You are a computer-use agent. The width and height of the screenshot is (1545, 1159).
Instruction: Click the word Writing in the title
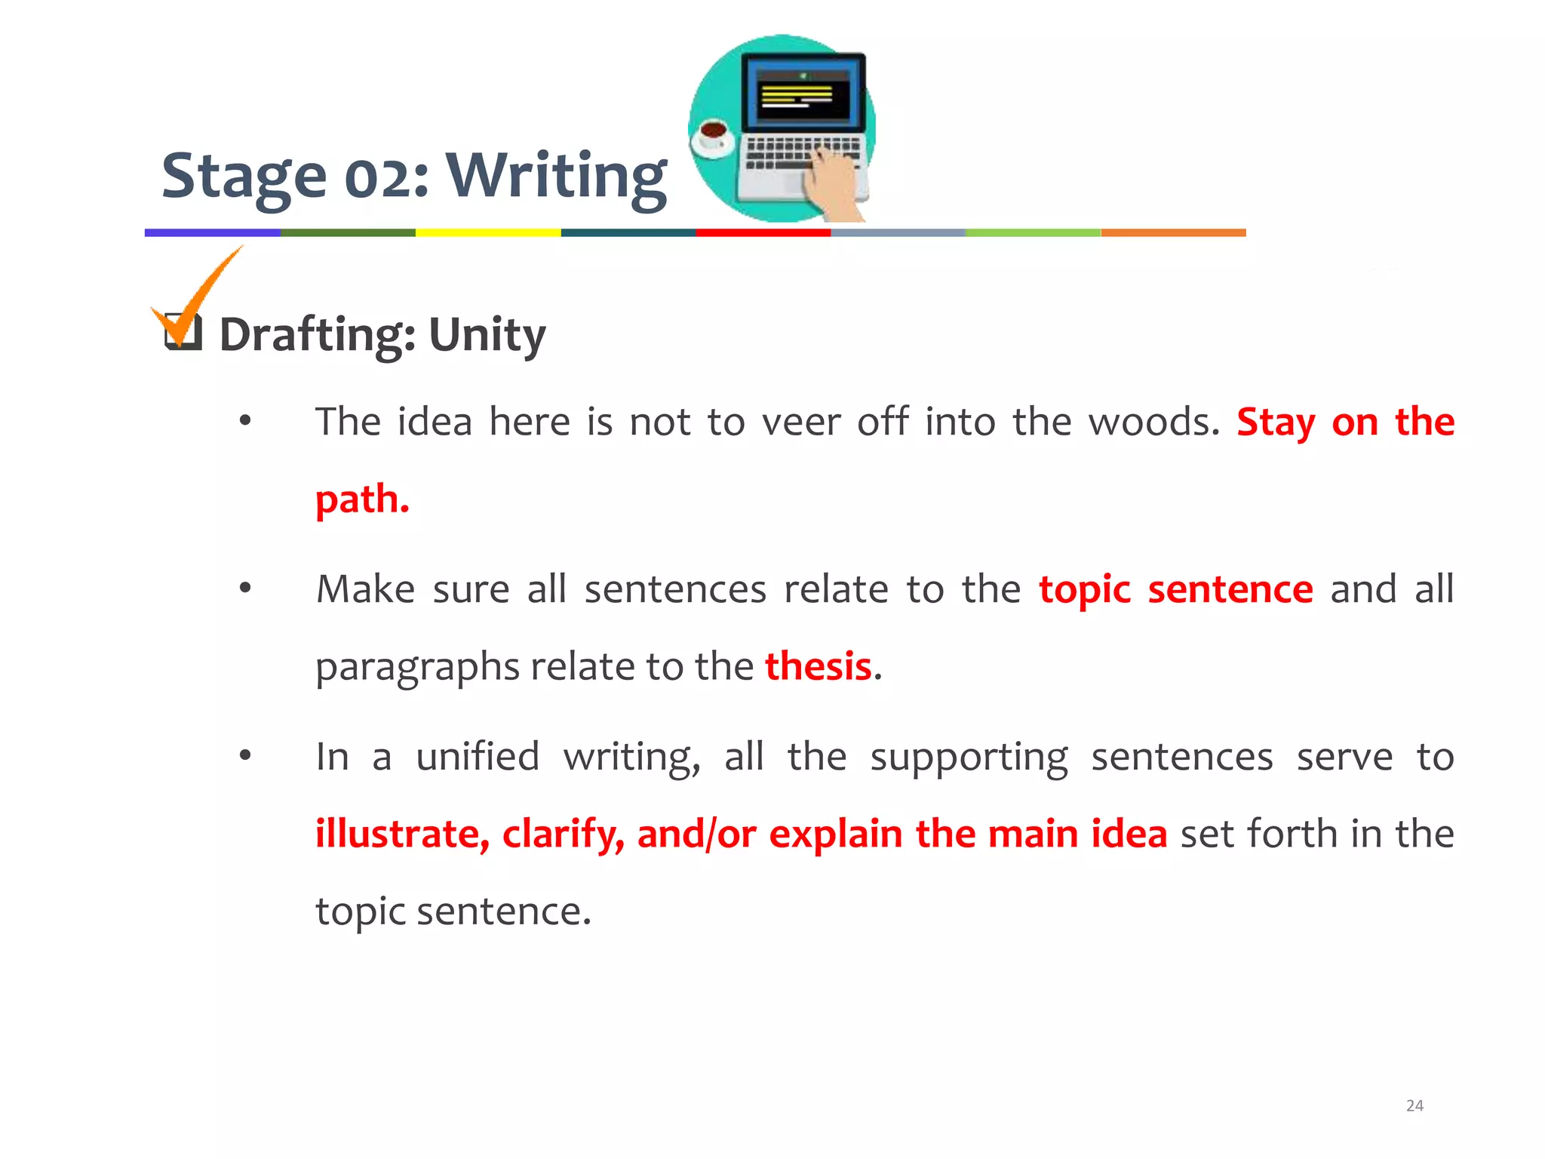[557, 177]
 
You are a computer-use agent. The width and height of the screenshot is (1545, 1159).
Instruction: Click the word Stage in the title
[244, 177]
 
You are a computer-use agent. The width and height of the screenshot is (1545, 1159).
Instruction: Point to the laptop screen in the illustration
[802, 94]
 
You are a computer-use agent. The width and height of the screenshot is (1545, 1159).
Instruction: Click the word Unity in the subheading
[487, 334]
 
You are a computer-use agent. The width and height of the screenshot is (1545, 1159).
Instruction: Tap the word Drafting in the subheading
[317, 334]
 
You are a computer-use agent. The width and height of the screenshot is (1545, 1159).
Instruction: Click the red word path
[362, 500]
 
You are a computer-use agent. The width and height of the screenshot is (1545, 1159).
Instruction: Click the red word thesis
[819, 666]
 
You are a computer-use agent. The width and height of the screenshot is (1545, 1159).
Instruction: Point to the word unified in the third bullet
[478, 757]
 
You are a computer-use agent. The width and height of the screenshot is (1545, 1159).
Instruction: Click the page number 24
[1414, 1105]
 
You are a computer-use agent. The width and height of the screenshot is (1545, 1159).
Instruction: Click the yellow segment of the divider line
[488, 233]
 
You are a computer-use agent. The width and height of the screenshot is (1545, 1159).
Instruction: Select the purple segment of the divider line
[212, 233]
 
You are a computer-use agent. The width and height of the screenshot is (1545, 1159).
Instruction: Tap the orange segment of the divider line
[1173, 233]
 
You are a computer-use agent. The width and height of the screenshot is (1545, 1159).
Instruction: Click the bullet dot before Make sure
[245, 589]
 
